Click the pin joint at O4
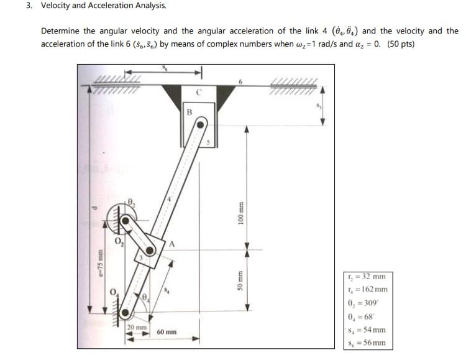tap(126, 312)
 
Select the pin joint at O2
tap(126, 219)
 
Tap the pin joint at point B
tap(199, 124)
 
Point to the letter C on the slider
tap(199, 93)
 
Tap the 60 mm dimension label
tap(167, 333)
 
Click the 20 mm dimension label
tap(136, 327)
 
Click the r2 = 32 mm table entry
tap(367, 277)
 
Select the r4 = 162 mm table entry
tap(368, 289)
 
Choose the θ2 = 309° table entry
tap(366, 303)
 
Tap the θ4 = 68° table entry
tap(365, 316)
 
